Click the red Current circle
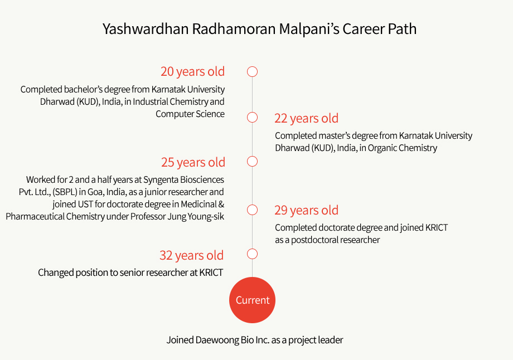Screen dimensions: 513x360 coord(252,300)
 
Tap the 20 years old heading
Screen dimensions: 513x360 coord(192,71)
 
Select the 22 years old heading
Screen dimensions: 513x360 coord(306,118)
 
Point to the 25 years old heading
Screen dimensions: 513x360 coord(193,162)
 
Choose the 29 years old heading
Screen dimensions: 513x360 coord(306,210)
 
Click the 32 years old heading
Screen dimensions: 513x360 coord(191,255)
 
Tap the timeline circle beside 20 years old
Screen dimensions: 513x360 coord(252,67)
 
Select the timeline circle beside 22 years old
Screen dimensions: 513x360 coord(252,113)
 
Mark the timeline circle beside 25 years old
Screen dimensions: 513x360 coord(252,157)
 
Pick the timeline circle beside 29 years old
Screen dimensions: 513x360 coord(252,205)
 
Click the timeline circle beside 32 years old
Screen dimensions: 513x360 coord(252,250)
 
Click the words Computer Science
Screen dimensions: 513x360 coord(190,114)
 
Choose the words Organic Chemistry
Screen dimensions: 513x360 coord(403,148)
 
